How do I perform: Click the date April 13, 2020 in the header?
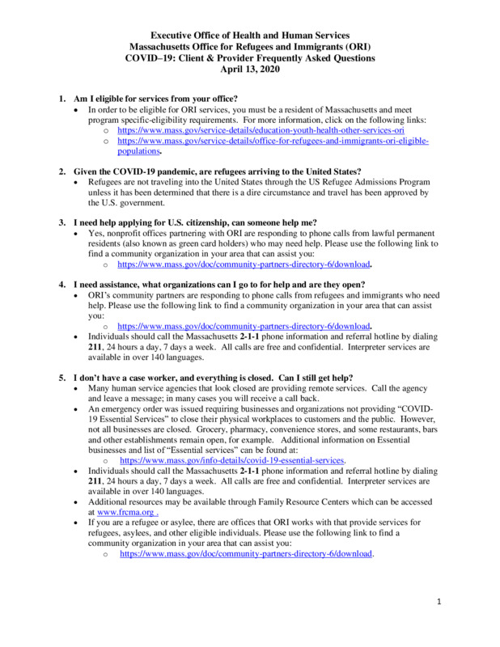coord(250,70)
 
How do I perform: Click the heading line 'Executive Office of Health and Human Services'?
coord(250,36)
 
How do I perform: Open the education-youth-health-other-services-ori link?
coord(261,129)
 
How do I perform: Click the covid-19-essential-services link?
coord(233,460)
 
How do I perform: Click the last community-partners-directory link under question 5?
coord(245,555)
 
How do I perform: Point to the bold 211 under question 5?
coord(96,481)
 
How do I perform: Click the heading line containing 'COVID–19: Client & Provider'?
coord(250,58)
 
